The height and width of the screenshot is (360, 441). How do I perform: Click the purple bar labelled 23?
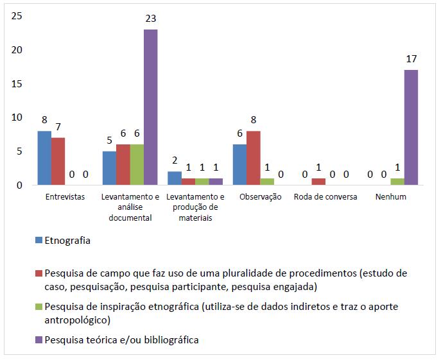coord(150,107)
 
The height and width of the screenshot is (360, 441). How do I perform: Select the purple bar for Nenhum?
coord(411,127)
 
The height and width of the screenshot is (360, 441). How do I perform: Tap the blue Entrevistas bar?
coord(44,158)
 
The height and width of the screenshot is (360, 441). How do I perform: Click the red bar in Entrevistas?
coord(58,161)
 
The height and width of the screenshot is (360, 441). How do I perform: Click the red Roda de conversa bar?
coord(318,182)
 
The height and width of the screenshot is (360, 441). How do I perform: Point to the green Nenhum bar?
coord(397,182)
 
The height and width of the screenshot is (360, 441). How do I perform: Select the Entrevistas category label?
coord(65,197)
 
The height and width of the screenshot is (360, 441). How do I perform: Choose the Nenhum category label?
coord(391,197)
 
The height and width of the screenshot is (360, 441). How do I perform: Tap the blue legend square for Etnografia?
coord(40,241)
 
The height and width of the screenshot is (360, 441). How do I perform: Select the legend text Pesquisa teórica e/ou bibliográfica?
coord(121,340)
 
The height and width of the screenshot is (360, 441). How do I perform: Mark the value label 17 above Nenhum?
coord(411,59)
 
